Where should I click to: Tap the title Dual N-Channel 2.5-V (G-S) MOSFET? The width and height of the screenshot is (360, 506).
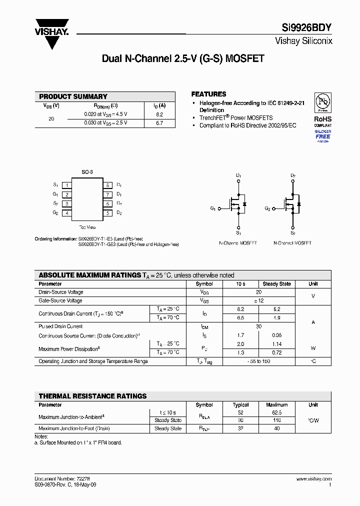182,58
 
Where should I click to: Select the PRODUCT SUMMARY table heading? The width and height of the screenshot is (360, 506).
73,96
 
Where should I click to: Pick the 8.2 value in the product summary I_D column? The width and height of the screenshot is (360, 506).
159,114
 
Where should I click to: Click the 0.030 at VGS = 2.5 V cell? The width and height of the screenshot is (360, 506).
105,123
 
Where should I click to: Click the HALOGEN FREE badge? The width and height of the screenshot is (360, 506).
323,136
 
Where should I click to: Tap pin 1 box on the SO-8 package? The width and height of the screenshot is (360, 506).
66,185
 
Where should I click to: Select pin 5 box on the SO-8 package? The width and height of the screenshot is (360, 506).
107,213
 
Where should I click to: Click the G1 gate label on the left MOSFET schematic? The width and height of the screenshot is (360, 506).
213,208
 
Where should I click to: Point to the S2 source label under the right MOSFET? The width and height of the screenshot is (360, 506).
293,233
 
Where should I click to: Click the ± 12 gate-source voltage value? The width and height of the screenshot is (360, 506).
258,300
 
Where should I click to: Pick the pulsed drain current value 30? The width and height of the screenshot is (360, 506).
258,326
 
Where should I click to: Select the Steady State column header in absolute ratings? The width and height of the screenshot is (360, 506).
276,284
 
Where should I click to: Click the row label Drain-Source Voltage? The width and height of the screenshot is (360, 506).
61,292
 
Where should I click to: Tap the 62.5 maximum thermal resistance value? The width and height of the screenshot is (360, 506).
276,412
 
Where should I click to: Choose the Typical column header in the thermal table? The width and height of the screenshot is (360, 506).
241,405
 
